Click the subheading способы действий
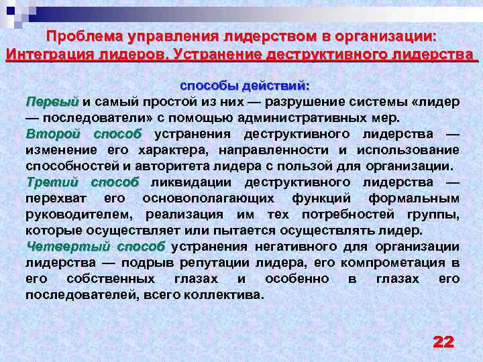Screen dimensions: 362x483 [244, 86]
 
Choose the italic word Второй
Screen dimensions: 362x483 [53, 133]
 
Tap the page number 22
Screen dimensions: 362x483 [443, 341]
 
